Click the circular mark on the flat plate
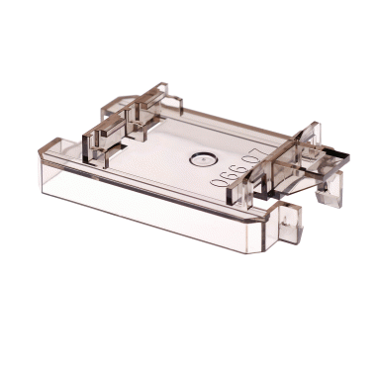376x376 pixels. pyautogui.click(x=202, y=156)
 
